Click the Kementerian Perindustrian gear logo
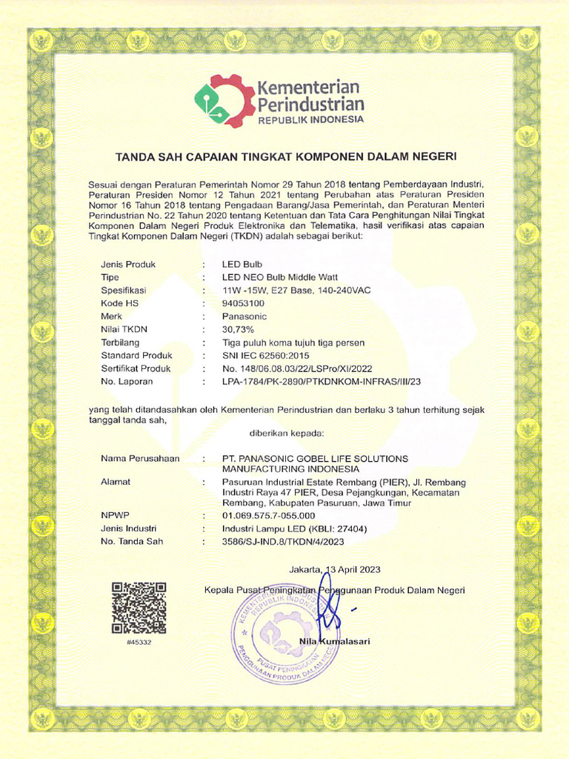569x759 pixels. point(224,102)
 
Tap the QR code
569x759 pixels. point(139,609)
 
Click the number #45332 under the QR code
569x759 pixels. point(139,642)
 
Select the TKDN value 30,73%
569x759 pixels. point(239,329)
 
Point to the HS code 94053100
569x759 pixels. point(243,303)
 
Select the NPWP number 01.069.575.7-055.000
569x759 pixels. point(269,515)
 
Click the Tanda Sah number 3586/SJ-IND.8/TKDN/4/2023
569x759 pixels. point(284,541)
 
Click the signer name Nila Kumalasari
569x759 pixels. point(334,640)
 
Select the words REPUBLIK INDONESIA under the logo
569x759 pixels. point(310,119)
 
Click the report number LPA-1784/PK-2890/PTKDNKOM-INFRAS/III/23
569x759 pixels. point(326,382)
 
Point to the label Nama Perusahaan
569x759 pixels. point(140,459)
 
